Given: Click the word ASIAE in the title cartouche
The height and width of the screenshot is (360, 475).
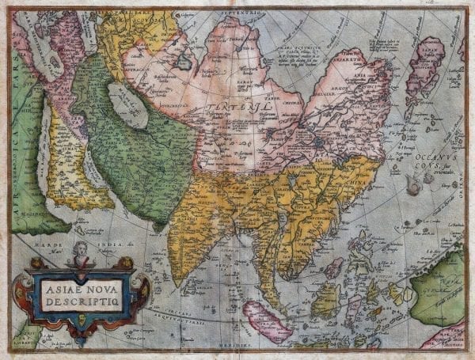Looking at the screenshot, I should (x=59, y=278).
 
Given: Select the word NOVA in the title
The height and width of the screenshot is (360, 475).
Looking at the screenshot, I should (x=102, y=278).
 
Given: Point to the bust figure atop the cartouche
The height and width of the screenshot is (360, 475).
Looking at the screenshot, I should (x=79, y=252).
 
